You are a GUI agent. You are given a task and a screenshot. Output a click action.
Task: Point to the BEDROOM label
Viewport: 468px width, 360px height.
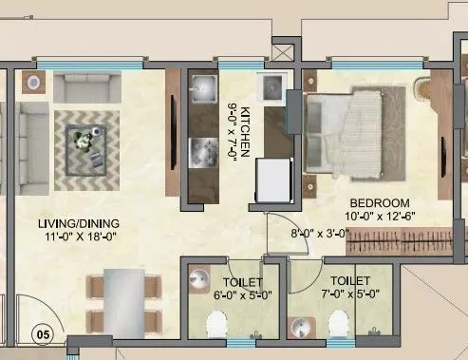[380, 202]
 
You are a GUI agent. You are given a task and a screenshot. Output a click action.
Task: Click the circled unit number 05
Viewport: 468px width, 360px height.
[41, 333]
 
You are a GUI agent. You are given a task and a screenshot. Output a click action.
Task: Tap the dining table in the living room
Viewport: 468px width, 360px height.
[118, 302]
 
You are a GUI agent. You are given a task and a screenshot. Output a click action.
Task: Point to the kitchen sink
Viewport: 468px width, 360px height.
[202, 91]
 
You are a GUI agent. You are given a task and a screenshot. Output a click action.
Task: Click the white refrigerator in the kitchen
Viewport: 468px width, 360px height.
[272, 176]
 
